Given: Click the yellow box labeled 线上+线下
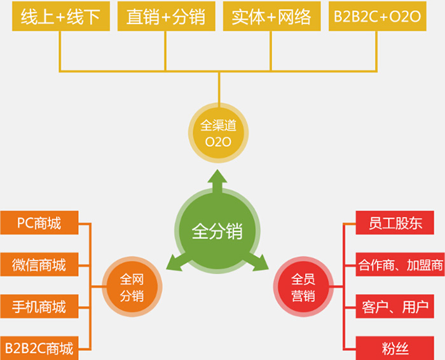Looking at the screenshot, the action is [x=61, y=16].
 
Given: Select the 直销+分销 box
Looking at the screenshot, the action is [x=167, y=16].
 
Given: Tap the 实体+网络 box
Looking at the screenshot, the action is [x=272, y=16].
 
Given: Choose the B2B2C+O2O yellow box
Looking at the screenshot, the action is [x=378, y=16].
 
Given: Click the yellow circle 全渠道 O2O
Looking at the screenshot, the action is [x=218, y=133].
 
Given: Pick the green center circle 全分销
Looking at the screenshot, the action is [x=217, y=231].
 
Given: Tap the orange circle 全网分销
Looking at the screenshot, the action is [x=132, y=287].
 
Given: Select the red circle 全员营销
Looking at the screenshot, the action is [x=303, y=287].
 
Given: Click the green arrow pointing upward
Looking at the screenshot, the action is [x=217, y=182].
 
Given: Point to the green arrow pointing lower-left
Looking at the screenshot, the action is [x=178, y=261].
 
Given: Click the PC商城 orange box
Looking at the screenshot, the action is [x=39, y=223].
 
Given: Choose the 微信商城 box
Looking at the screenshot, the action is [x=39, y=265].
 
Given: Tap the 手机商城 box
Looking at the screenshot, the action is [x=39, y=307].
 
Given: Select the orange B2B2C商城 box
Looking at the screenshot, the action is [x=39, y=348].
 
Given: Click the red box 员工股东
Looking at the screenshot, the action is [x=395, y=223].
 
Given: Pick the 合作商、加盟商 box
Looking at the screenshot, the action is [x=400, y=265].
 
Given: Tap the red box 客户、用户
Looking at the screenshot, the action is [x=395, y=307].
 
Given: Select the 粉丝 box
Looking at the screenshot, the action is [x=395, y=348].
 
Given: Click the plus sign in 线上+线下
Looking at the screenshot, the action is [x=60, y=17].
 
